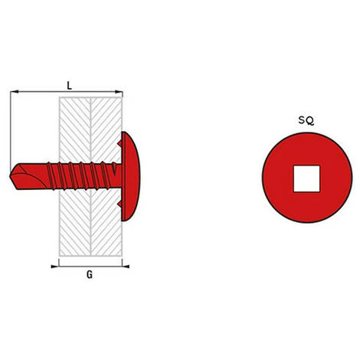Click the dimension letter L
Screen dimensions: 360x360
tap(69, 85)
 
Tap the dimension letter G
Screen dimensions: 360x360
tap(90, 276)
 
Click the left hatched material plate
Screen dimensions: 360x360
tap(74, 222)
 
